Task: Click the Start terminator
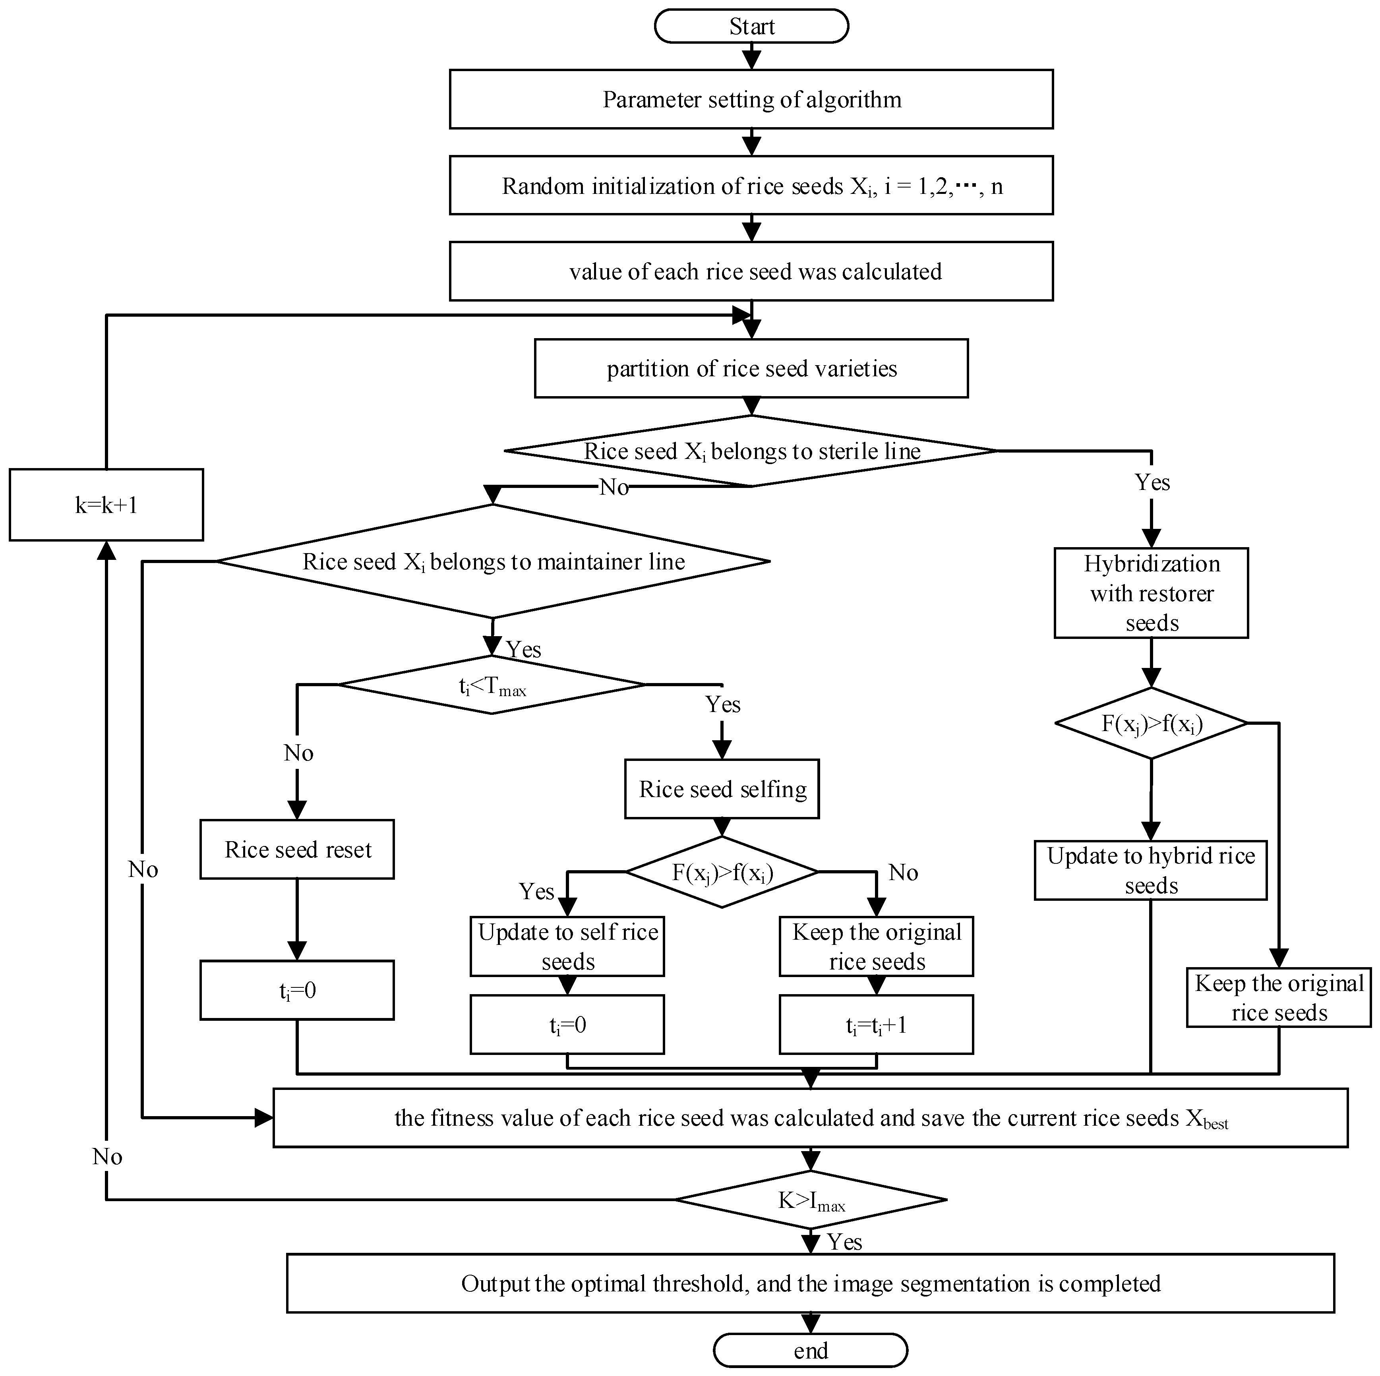751,27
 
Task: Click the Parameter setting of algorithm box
751,99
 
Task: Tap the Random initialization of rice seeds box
751,186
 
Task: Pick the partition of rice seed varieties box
751,369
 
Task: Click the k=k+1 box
106,505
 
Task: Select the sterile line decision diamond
751,451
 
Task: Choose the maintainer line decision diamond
493,561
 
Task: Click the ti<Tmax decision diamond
492,685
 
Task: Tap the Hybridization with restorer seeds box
1152,593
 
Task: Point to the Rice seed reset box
297,850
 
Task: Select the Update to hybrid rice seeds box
1151,870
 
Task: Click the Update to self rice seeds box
568,946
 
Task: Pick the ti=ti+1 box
877,1025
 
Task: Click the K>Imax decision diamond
811,1200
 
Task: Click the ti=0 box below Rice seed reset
297,990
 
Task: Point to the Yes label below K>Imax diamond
845,1242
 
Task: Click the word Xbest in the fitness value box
1207,1119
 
